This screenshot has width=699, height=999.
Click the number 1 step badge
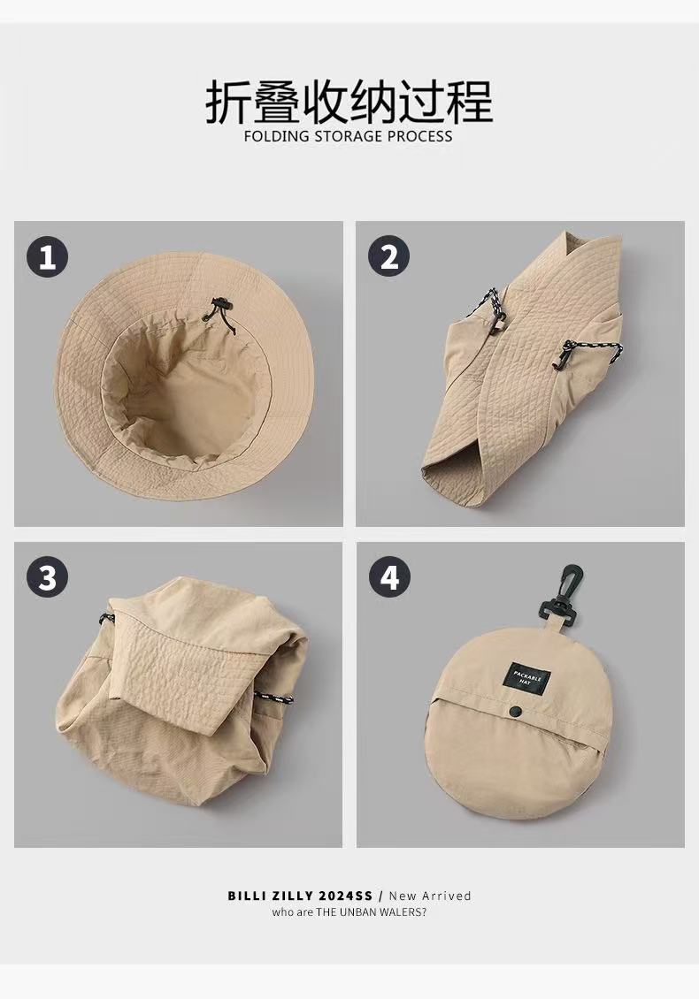coord(47,256)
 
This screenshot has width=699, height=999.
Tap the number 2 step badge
coord(389,256)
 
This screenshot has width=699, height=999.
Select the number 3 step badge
coord(47,577)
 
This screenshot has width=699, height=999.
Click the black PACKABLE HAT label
coord(526,676)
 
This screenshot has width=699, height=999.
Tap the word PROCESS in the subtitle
coord(419,136)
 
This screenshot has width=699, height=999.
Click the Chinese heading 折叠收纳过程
coord(349,101)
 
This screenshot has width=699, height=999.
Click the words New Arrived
coord(430,896)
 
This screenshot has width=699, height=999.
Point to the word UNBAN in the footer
coord(357,912)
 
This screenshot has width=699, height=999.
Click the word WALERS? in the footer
coord(402,912)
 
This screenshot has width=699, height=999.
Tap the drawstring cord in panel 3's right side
coord(274,698)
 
